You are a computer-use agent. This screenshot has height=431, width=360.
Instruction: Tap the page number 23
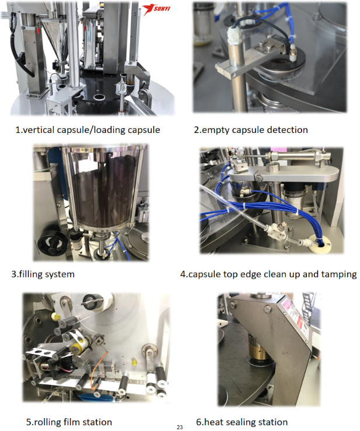coord(180,427)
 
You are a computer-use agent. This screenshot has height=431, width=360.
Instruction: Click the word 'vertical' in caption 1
coord(39,129)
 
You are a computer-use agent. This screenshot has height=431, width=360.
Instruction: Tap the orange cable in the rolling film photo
coord(97,370)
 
